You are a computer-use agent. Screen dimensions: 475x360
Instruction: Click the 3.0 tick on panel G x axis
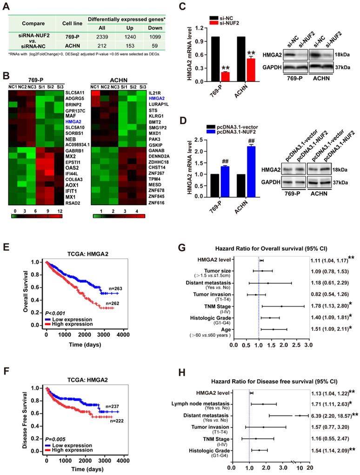click(307, 346)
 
